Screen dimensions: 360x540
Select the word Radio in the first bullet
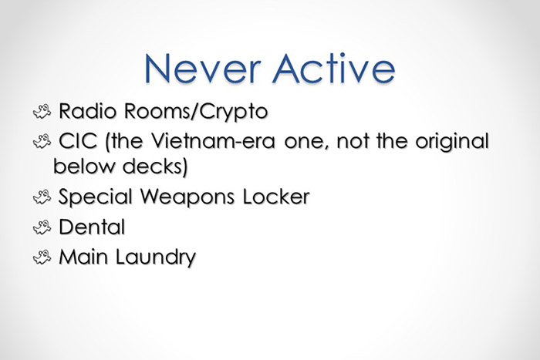86,112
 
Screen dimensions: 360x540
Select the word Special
95,197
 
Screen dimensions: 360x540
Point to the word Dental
87,227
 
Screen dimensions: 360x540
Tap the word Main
79,257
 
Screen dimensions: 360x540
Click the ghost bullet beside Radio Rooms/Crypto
41,113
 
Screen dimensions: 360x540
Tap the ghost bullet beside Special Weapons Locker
41,197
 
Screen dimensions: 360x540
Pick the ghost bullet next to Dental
41,228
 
